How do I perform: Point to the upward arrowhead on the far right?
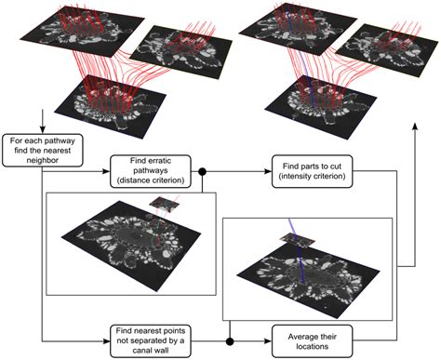(x=416, y=132)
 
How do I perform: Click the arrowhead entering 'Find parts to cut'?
(x=269, y=172)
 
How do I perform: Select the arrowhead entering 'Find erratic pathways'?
(x=108, y=172)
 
